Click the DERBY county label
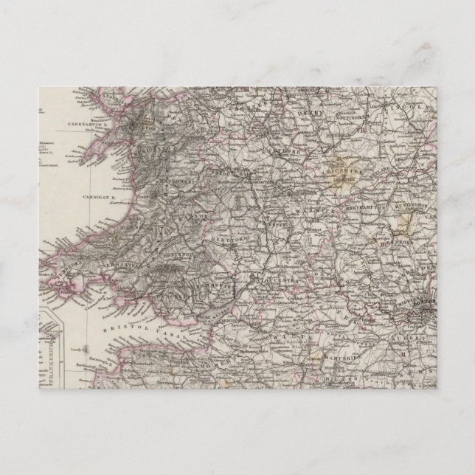(309, 111)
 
